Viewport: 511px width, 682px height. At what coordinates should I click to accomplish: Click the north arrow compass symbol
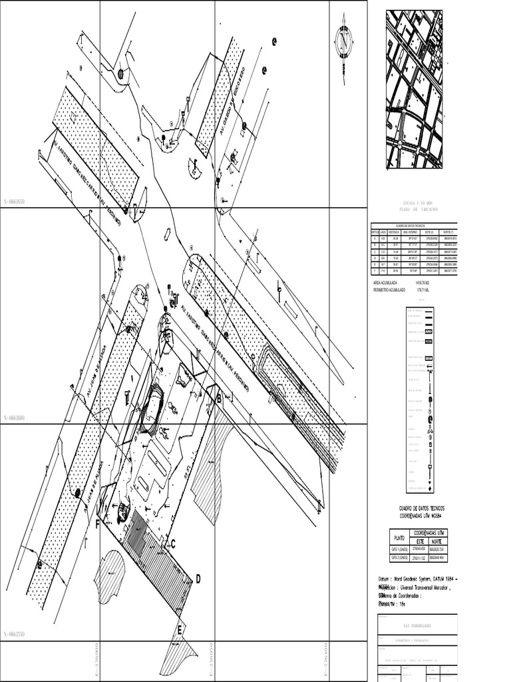pos(344,41)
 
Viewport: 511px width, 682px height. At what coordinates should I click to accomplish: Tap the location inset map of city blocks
pos(414,89)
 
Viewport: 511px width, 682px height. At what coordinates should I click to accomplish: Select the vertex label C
pos(172,543)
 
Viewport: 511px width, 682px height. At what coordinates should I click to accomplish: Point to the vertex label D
pos(198,579)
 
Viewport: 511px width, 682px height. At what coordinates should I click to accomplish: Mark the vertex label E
pos(180,629)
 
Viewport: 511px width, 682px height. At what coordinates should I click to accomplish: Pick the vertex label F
pos(98,523)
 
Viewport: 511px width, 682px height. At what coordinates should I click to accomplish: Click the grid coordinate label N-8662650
pos(18,201)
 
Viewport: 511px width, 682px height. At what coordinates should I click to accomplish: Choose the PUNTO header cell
pos(399,537)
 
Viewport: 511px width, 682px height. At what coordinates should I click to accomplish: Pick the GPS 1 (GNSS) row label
pos(399,549)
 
